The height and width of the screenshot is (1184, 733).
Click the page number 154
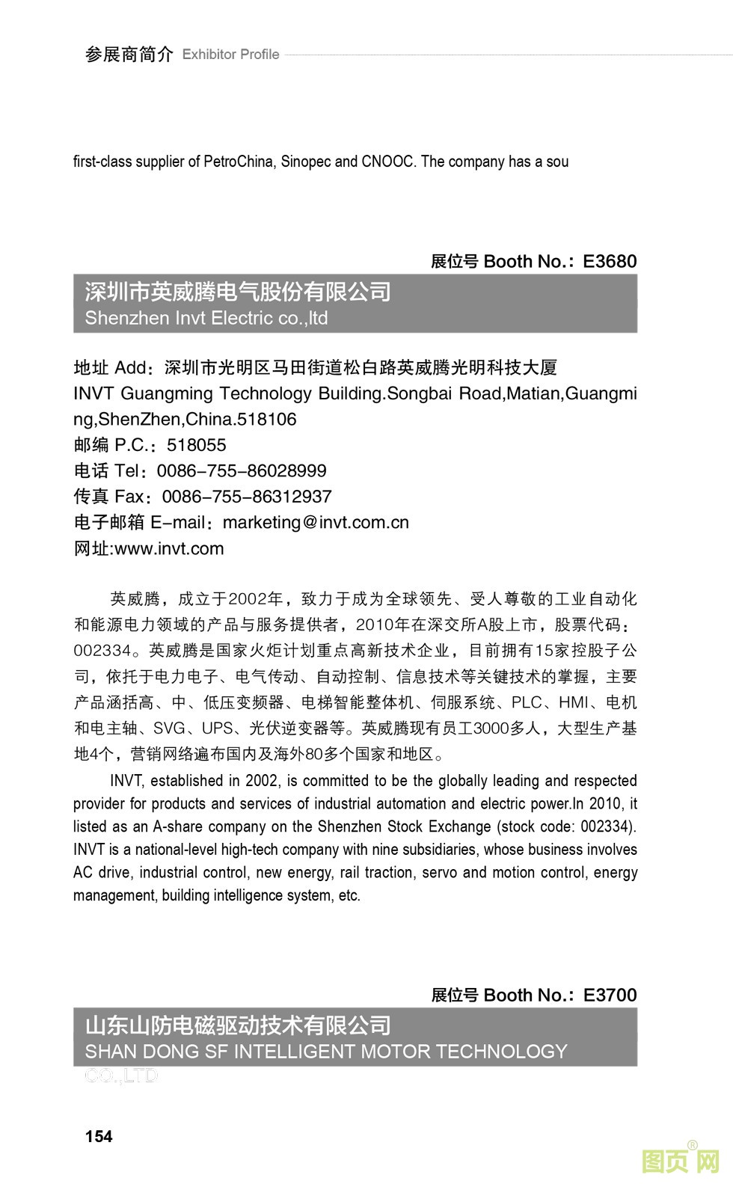pos(99,1136)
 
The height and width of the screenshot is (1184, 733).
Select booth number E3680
pos(610,261)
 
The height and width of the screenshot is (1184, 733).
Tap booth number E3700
pos(610,995)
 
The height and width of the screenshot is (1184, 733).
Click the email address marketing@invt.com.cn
pos(316,522)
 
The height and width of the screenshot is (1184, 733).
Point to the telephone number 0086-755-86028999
pos(242,470)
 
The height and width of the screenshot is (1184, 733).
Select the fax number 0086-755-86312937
pos(247,497)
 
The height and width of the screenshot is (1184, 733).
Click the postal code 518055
pos(196,445)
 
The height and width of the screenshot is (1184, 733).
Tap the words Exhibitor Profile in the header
pos(230,55)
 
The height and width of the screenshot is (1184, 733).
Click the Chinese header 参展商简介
pos(129,55)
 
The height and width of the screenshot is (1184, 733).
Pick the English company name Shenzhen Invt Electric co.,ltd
pos(206,318)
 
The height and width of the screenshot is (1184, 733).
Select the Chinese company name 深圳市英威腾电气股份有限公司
pos(238,292)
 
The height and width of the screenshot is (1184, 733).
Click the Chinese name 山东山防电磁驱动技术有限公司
pos(238,1025)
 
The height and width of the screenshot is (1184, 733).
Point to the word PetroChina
pos(239,162)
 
